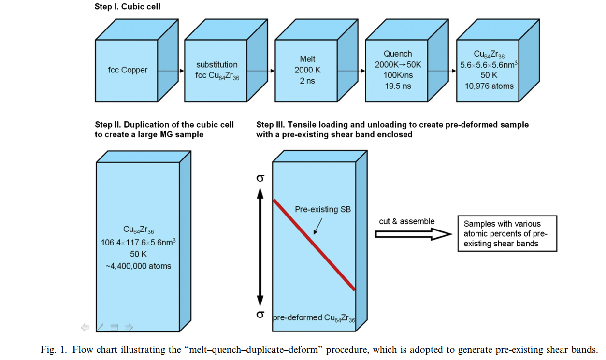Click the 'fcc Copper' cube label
click(x=127, y=70)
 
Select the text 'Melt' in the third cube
click(x=307, y=59)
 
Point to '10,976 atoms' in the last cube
click(x=489, y=86)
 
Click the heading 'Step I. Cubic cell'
click(x=128, y=7)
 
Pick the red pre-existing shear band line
click(x=315, y=245)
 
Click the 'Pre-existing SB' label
click(x=323, y=210)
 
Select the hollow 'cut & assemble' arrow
click(x=413, y=234)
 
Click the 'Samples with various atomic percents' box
click(x=507, y=234)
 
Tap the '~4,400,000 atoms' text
click(x=138, y=266)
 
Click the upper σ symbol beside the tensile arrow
click(x=260, y=178)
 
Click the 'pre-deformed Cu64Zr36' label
click(x=314, y=318)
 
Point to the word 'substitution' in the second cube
click(x=217, y=65)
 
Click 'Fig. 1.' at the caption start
click(x=54, y=350)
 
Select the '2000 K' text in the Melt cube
click(x=307, y=70)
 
